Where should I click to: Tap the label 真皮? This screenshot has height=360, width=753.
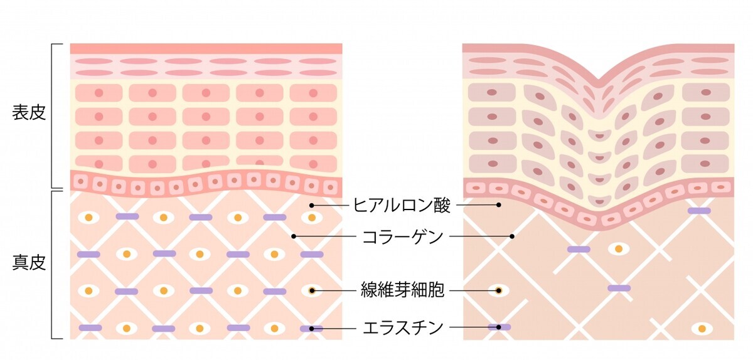click(x=29, y=263)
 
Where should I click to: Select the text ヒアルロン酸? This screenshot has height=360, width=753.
click(x=402, y=205)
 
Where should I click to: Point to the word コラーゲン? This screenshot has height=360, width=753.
click(x=403, y=236)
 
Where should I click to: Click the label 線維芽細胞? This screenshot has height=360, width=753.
click(x=402, y=290)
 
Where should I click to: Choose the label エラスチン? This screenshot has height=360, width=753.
click(x=403, y=327)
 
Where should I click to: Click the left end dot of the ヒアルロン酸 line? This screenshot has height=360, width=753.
click(x=312, y=205)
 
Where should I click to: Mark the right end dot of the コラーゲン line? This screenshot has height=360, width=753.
click(x=512, y=236)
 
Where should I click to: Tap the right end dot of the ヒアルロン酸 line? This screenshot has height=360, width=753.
click(x=499, y=204)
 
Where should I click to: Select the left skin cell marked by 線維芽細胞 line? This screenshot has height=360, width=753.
click(x=312, y=290)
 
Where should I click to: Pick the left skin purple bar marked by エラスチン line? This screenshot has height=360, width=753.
click(x=312, y=329)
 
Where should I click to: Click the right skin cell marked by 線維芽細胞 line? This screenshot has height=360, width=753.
click(x=499, y=290)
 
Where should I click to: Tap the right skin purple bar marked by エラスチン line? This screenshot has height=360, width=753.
click(x=499, y=327)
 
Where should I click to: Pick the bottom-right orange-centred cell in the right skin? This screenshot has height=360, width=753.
click(x=702, y=329)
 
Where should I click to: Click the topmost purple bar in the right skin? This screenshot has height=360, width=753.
click(x=699, y=211)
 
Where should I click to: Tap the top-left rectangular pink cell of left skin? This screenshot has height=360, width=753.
click(x=99, y=93)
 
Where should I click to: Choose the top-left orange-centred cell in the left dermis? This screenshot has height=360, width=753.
click(x=88, y=218)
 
